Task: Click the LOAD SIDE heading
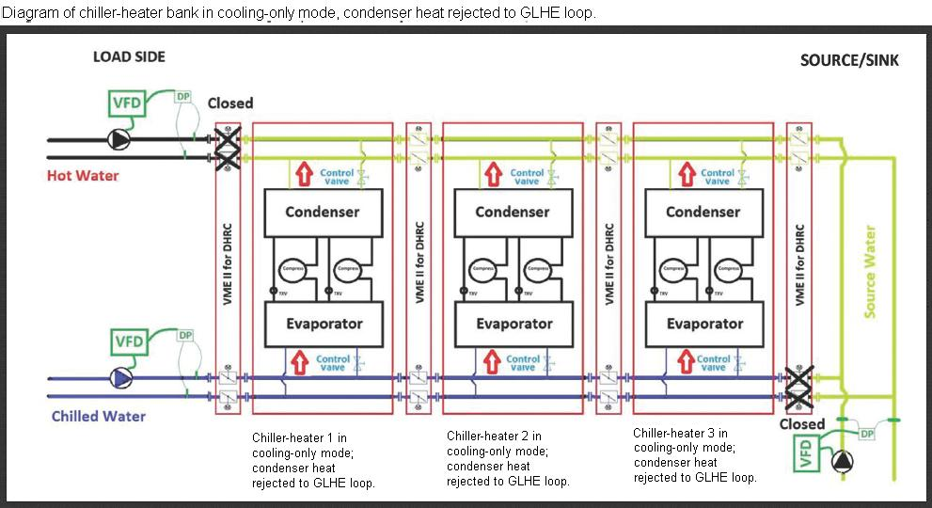(x=129, y=57)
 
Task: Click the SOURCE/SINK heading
(x=849, y=61)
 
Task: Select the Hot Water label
(x=83, y=176)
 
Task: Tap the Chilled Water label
(x=99, y=416)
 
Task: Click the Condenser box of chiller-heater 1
(x=323, y=212)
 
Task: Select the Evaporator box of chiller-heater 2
(x=514, y=324)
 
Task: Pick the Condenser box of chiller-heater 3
(x=703, y=212)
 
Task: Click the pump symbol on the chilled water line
(x=121, y=377)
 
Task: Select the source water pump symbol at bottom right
(x=842, y=461)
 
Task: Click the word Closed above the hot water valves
(x=229, y=103)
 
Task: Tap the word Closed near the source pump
(x=802, y=424)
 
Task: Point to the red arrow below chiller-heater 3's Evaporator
(x=685, y=360)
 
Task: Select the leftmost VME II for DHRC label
(x=226, y=262)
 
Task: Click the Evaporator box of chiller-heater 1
(x=323, y=324)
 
